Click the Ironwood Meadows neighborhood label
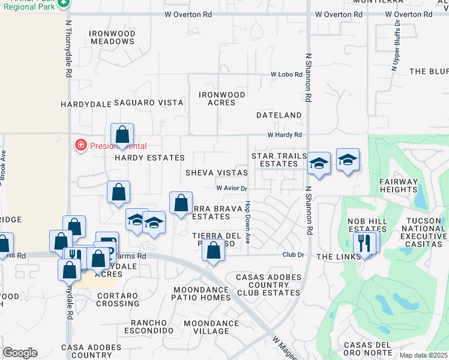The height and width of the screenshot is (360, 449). tap(112, 37)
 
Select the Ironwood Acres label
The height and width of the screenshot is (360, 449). tap(222, 98)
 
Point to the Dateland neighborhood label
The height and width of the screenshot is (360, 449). tap(279, 115)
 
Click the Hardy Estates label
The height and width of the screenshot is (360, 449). tap(149, 158)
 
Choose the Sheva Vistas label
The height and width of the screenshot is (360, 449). tap(217, 173)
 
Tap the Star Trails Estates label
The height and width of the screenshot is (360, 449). tap(279, 160)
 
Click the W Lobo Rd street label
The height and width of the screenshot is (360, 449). tap(285, 74)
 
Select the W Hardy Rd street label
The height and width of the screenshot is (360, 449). tap(285, 135)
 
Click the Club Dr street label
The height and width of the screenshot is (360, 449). tap(294, 255)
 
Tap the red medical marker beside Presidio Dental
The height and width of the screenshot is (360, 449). tap(79, 145)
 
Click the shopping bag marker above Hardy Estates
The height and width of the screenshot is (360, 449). tap(122, 134)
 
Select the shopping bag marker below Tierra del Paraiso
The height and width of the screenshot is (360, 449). tap(213, 250)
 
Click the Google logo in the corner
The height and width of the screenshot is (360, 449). tap(20, 353)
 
